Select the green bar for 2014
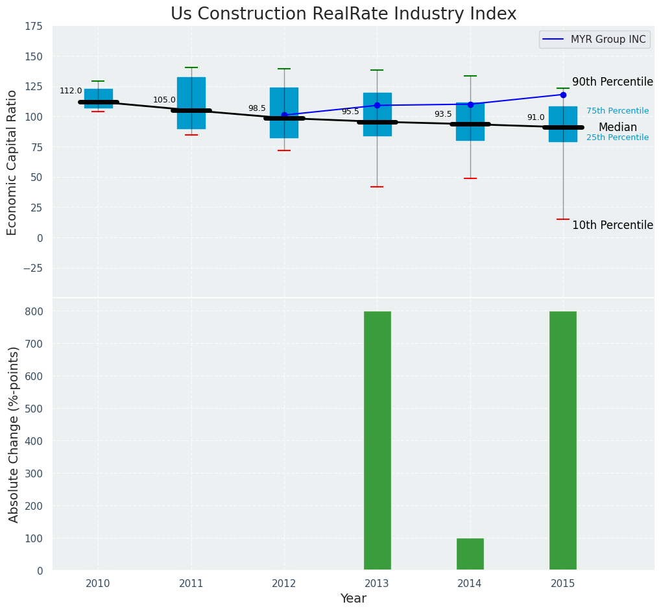(x=470, y=554)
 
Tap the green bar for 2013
(x=377, y=441)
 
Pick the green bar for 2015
(x=562, y=441)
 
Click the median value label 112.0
(x=71, y=91)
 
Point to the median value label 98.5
(x=257, y=109)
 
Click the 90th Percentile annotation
(x=612, y=82)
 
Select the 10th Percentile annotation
(x=612, y=226)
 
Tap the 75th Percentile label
(x=617, y=112)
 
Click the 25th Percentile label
(x=617, y=138)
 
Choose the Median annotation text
(x=618, y=128)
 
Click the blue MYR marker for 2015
(x=563, y=95)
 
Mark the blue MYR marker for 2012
(x=284, y=115)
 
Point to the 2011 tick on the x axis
(x=191, y=584)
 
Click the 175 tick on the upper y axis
(x=34, y=27)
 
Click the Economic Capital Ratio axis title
(x=12, y=162)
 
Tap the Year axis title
(x=354, y=599)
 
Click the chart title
(x=343, y=14)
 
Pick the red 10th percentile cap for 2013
(x=377, y=187)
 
